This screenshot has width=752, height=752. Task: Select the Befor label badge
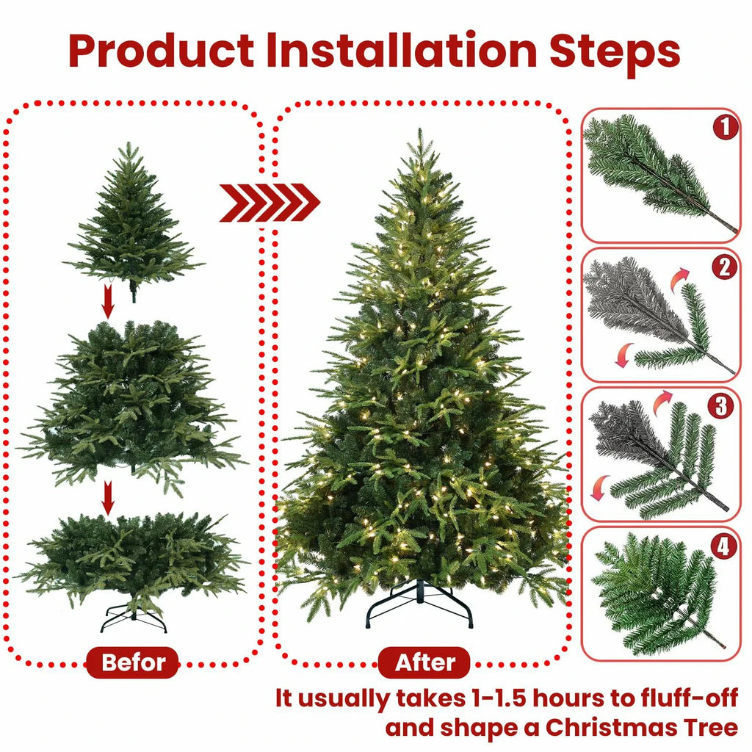pos(132,663)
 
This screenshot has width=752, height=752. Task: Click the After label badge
pos(425,663)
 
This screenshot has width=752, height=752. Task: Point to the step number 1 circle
pos(726,129)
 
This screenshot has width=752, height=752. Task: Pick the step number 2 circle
pos(726,267)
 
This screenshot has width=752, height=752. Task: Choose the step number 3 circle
pos(726,406)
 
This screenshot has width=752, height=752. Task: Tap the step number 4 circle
pos(726,546)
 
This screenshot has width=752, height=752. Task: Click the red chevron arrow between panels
pos(269,203)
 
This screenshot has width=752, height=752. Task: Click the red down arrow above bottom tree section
pos(108,498)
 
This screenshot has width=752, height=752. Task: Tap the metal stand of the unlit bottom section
pos(133,617)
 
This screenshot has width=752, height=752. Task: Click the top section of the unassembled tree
pos(132,220)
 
